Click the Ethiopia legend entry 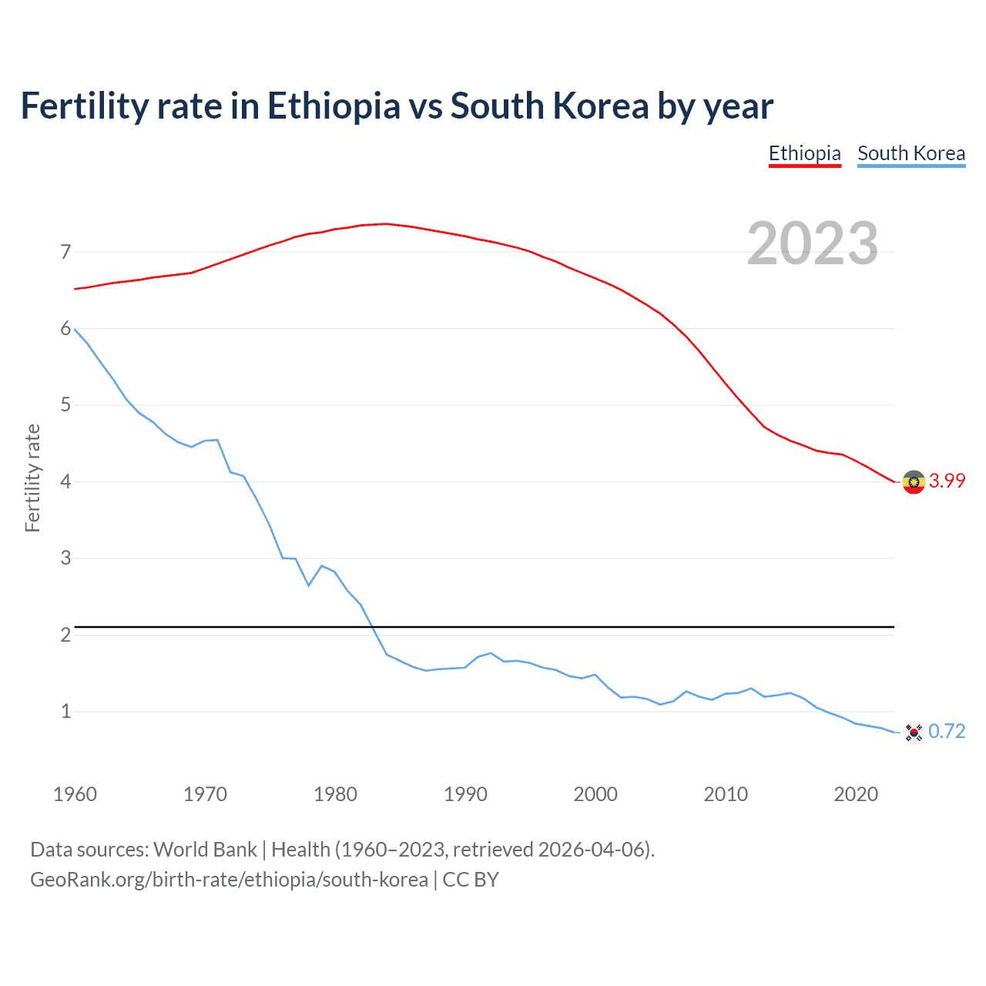pos(804,153)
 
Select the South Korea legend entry pos(911,153)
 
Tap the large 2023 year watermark pos(812,243)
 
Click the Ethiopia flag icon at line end pos(914,482)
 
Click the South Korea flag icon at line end pos(914,732)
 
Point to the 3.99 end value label pos(947,481)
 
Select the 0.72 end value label pos(947,731)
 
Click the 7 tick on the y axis pos(65,252)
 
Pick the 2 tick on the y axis pos(65,635)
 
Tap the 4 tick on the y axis pos(65,481)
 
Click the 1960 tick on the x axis pos(75,794)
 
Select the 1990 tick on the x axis pos(465,794)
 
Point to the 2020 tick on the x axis pos(856,794)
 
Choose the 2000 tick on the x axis pos(595,794)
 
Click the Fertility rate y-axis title pos(32,478)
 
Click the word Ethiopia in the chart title pos(334,106)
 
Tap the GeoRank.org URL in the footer pos(229,880)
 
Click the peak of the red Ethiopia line pos(386,223)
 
